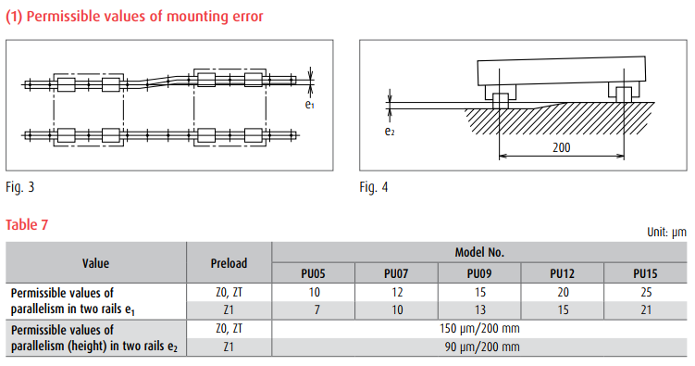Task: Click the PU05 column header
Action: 313,273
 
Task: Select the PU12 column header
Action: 562,273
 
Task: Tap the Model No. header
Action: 479,252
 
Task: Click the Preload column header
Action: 229,263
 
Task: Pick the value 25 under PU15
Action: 646,293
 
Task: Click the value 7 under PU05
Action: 316,309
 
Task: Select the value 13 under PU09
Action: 480,309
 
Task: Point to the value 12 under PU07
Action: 397,293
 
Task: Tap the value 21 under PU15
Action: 646,309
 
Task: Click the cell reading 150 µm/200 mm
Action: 479,329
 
